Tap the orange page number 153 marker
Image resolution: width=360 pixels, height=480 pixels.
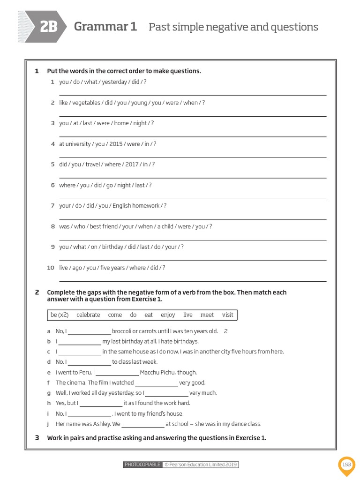click(346, 465)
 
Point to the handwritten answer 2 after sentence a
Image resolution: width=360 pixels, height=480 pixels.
click(225, 331)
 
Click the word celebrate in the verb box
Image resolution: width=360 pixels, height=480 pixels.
click(88, 315)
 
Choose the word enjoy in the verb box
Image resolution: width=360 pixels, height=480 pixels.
click(167, 315)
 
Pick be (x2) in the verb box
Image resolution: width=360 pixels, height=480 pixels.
click(60, 315)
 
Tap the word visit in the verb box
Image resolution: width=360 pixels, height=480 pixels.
click(227, 315)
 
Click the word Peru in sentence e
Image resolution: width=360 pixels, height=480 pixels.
click(85, 372)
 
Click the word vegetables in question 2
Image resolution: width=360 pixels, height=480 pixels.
click(86, 103)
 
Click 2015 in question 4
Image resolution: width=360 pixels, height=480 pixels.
click(116, 144)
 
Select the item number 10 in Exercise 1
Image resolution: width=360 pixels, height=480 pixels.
click(51, 268)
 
